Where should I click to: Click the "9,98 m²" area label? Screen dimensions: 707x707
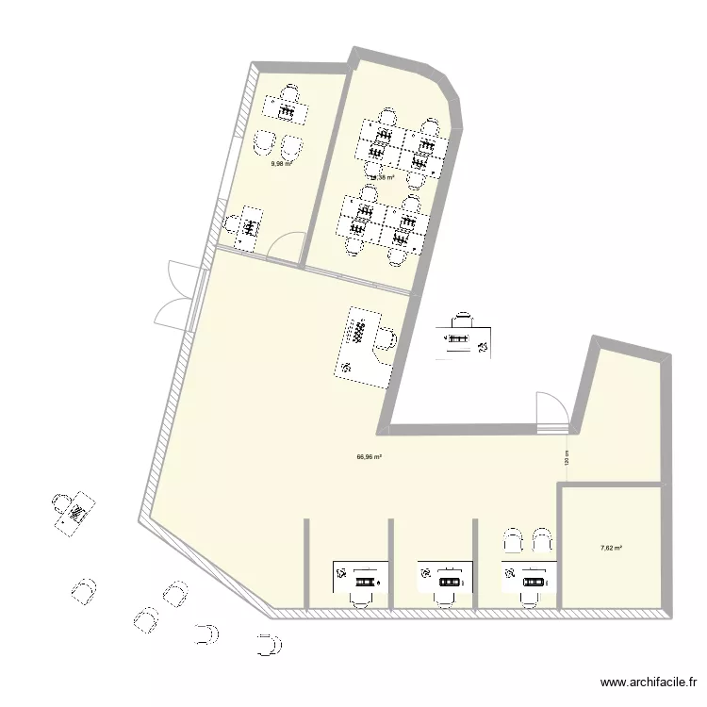click(x=281, y=163)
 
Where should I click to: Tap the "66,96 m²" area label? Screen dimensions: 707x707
click(x=369, y=457)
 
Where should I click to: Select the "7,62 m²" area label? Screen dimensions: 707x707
click(x=612, y=546)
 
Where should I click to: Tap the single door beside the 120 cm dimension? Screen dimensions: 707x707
click(x=551, y=411)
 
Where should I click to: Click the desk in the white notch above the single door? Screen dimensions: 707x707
click(x=462, y=338)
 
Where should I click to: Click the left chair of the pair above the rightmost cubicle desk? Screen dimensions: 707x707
click(x=513, y=540)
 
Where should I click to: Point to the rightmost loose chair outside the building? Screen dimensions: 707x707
click(x=271, y=645)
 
